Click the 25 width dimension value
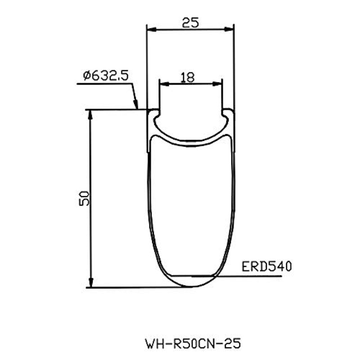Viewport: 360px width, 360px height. (190, 23)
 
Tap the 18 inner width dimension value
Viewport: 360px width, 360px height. (188, 77)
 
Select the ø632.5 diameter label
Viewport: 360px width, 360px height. (106, 76)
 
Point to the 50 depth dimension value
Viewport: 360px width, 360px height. (84, 198)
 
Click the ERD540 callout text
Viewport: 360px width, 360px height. (266, 267)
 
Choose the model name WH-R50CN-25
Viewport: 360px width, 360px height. (193, 344)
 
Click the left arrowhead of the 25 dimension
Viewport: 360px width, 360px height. (152, 29)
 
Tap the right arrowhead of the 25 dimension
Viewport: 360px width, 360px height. (229, 29)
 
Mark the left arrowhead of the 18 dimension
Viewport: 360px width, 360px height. (164, 84)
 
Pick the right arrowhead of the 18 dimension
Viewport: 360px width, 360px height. (217, 84)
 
